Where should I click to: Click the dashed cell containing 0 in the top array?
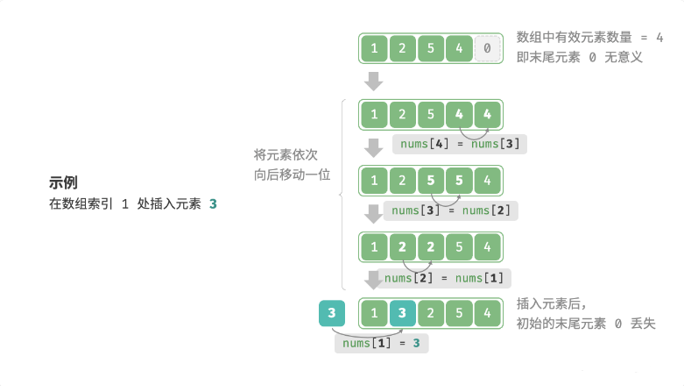click(x=488, y=48)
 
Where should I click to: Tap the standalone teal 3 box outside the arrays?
click(x=331, y=313)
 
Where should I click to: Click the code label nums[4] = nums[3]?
click(x=460, y=144)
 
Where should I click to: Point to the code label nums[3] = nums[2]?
click(x=451, y=210)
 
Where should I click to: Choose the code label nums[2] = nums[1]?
click(x=444, y=278)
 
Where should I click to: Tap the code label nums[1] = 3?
click(x=381, y=343)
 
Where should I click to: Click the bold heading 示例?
click(x=63, y=183)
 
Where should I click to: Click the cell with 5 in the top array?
click(x=430, y=48)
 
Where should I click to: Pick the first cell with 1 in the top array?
click(x=374, y=48)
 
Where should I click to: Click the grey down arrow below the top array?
click(x=374, y=81)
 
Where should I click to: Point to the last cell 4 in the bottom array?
click(x=487, y=313)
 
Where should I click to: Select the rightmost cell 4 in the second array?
click(x=487, y=114)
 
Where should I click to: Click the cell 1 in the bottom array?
click(x=374, y=313)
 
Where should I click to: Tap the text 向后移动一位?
click(x=292, y=174)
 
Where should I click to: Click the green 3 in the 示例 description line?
click(x=213, y=204)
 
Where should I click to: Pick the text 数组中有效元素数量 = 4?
click(x=589, y=37)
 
